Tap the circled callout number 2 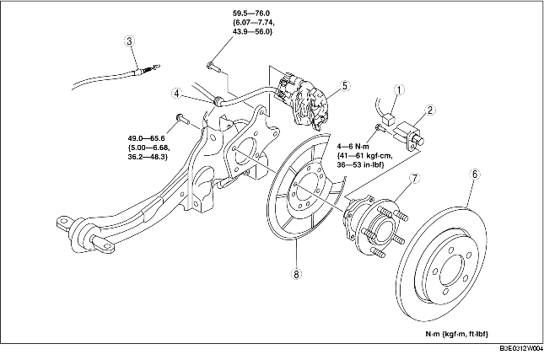[x=430, y=110]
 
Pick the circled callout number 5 [x=344, y=85]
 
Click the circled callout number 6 [x=475, y=174]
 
